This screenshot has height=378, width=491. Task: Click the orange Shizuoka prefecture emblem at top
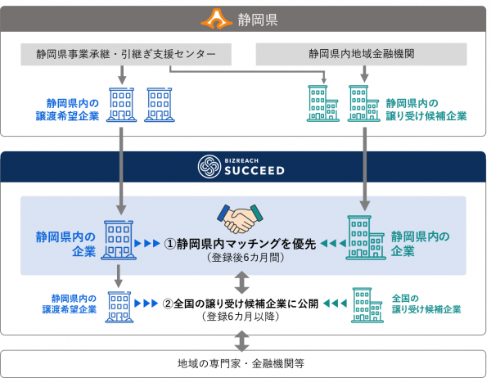[x=218, y=16]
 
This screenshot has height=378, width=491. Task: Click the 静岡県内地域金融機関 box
[x=361, y=55]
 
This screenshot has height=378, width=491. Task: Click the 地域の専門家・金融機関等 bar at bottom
[x=245, y=362]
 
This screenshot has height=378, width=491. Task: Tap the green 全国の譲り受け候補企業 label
[x=426, y=304]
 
